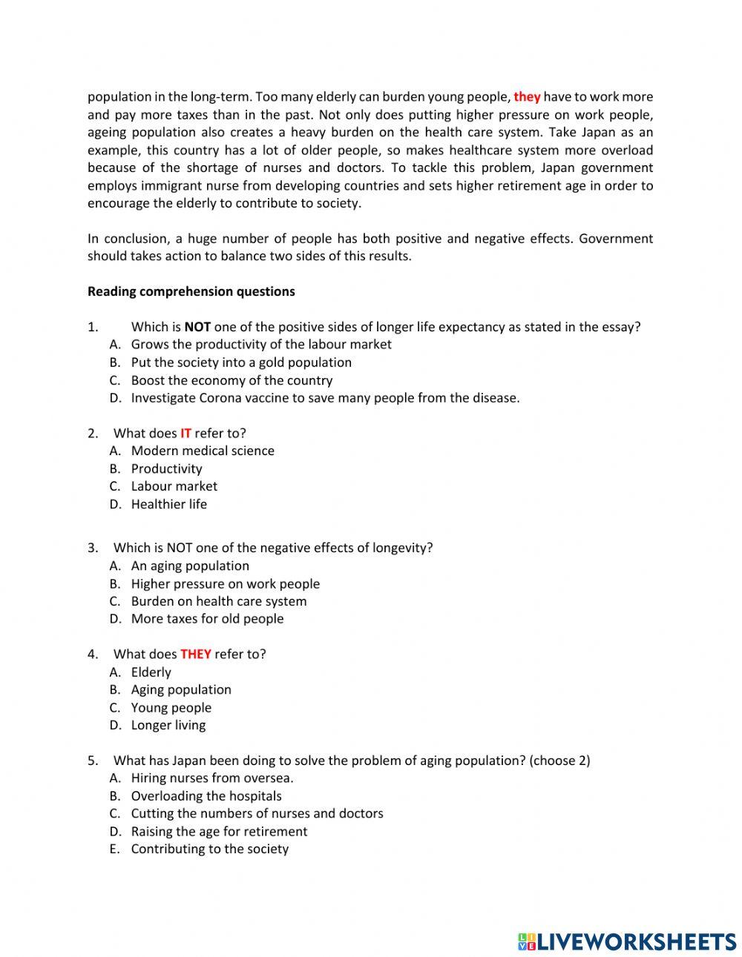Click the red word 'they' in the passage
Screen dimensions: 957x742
[x=527, y=97]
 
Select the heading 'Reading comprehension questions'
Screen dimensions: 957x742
[x=191, y=291]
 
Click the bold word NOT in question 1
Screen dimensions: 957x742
[x=197, y=327]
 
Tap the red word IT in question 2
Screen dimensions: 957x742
[x=185, y=434]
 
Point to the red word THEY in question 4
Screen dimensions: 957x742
[x=196, y=655]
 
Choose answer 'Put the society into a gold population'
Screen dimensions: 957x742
[x=241, y=362]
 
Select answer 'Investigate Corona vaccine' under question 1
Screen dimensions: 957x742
[x=325, y=398]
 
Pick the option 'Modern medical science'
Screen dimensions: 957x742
[x=203, y=451]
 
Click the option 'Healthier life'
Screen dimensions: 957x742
[x=169, y=504]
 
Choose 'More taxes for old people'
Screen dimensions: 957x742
[x=207, y=619]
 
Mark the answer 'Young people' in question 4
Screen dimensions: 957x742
[x=171, y=708]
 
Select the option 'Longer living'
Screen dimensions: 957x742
[x=168, y=725]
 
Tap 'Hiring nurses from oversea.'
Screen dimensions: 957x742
[x=212, y=778]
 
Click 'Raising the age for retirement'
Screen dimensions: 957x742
[x=219, y=832]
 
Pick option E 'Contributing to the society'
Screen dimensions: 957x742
[x=210, y=850]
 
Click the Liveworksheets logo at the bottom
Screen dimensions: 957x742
[x=626, y=941]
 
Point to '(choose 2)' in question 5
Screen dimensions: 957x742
[x=559, y=761]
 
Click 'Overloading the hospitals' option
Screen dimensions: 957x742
[x=206, y=796]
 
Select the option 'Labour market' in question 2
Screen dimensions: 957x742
[x=174, y=486]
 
